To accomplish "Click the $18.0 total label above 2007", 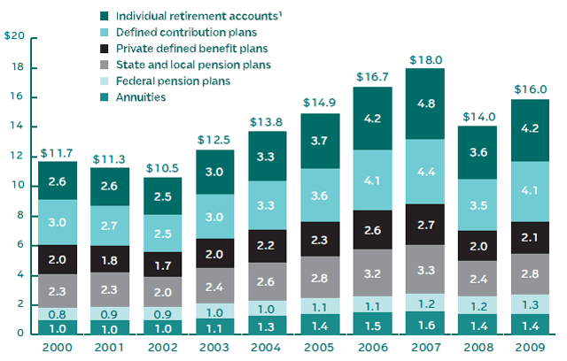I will coord(426,59).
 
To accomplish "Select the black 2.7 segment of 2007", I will coord(426,224).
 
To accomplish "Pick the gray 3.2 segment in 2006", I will coord(374,273).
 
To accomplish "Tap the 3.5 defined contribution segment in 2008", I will coord(478,205).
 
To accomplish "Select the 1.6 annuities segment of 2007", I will coord(426,323).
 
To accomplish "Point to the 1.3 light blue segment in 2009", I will coord(531,304).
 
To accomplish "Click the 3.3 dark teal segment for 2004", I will coord(268,156).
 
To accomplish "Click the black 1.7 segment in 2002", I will coord(162,265).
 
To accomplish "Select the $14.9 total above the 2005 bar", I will coord(321,104).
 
